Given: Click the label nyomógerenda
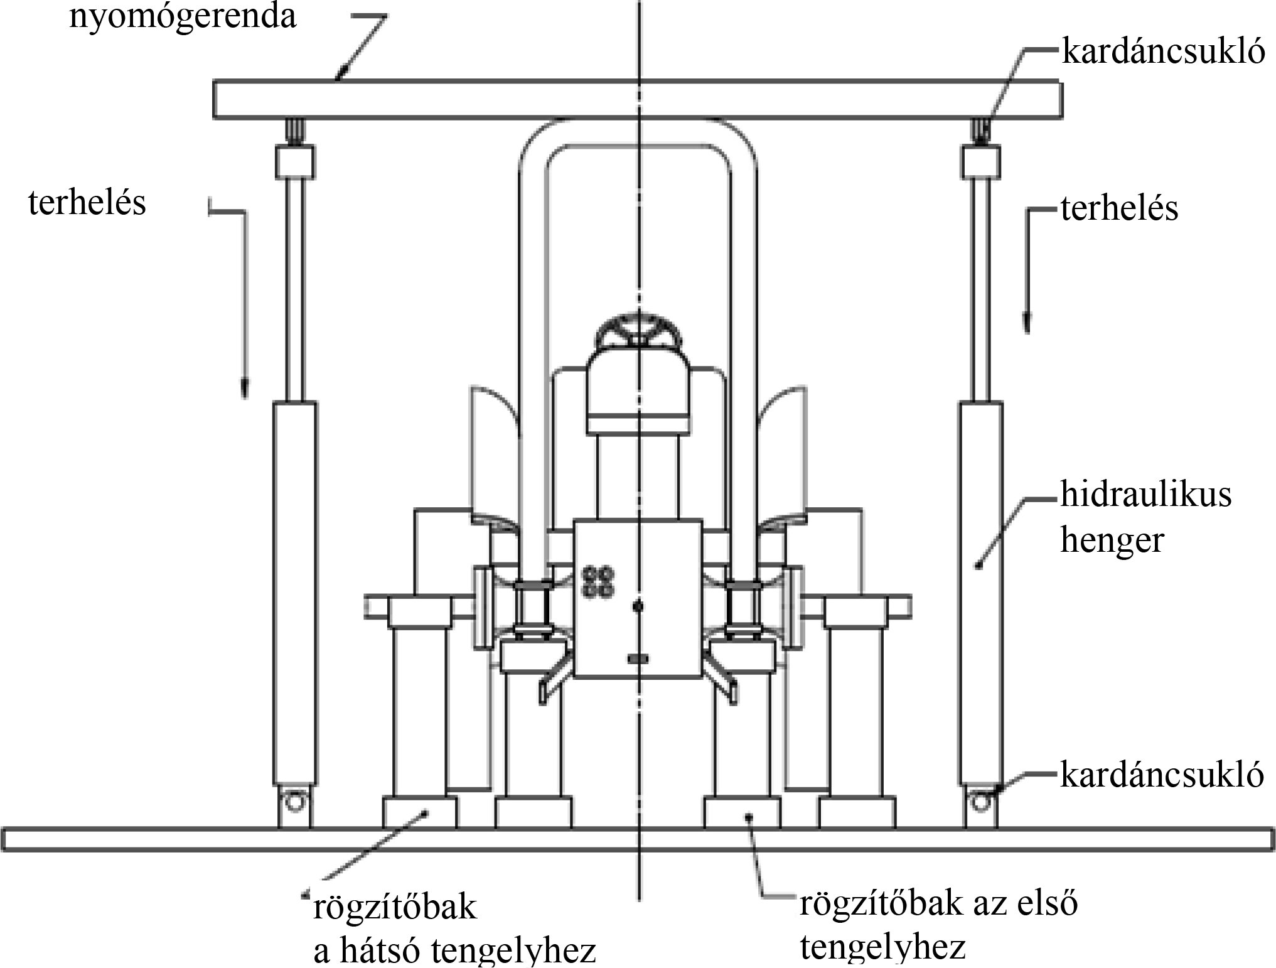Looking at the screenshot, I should pos(182,17).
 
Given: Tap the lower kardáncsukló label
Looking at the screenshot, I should pos(1162,775).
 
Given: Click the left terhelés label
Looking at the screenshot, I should pos(87,203).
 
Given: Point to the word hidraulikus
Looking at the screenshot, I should pos(1146,495).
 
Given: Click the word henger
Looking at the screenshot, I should pos(1112,540).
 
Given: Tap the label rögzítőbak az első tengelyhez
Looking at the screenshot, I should pos(938,926).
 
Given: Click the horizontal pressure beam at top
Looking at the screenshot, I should pos(637,99).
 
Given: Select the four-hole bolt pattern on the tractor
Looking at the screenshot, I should pos(598,583).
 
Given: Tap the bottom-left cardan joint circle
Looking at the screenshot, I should pos(294,800).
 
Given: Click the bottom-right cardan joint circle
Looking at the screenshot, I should pos(980,800).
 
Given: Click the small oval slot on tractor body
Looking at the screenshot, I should pos(637,658).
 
